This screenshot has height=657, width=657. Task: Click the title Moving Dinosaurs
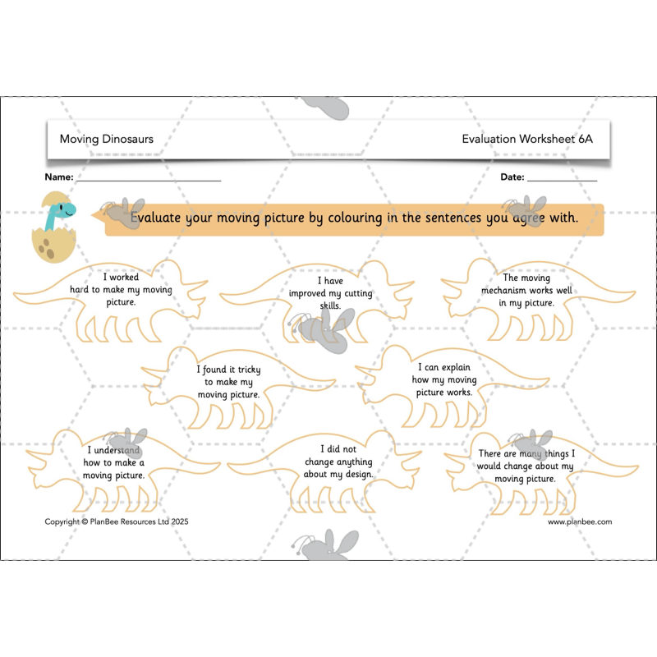107,139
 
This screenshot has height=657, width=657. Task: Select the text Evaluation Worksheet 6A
527,139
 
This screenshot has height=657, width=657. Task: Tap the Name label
58,177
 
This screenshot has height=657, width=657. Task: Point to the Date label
512,177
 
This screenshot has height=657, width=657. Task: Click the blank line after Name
149,181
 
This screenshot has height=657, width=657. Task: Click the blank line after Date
562,181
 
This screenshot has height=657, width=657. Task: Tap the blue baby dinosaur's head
66,209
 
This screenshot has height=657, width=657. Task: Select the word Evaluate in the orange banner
155,218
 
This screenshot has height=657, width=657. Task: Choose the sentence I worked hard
121,290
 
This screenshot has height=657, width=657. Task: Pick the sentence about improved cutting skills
331,293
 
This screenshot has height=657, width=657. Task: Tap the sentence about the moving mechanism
526,291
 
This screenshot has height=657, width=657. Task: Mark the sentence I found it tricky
229,382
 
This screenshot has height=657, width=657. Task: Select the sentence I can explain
444,379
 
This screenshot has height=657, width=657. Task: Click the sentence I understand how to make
113,462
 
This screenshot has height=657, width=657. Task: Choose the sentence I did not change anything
338,462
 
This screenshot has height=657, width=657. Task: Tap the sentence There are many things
526,466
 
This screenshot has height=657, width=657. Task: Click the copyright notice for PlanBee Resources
117,521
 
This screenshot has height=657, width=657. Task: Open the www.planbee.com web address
580,521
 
